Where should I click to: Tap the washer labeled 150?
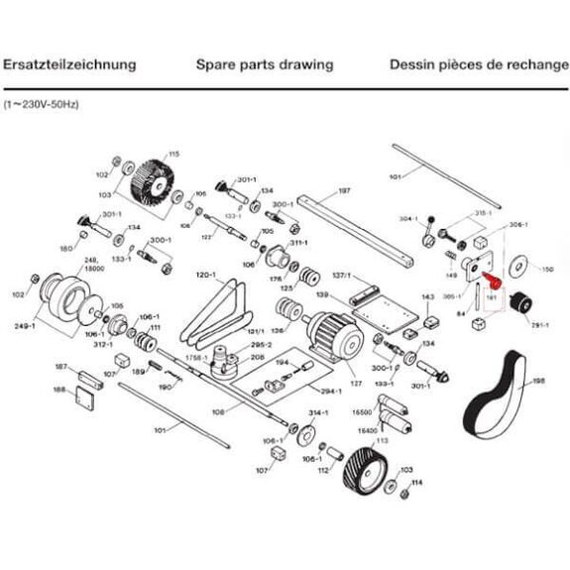pyautogui.click(x=516, y=267)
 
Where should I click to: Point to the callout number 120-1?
pyautogui.click(x=205, y=274)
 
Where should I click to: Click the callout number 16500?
pyautogui.click(x=361, y=410)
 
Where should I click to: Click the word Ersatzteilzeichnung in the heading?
pyautogui.click(x=68, y=64)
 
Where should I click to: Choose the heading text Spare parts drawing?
pyautogui.click(x=258, y=64)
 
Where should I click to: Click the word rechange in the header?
pyautogui.click(x=528, y=64)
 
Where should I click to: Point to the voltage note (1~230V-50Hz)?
pyautogui.click(x=43, y=103)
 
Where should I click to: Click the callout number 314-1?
pyautogui.click(x=318, y=409)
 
